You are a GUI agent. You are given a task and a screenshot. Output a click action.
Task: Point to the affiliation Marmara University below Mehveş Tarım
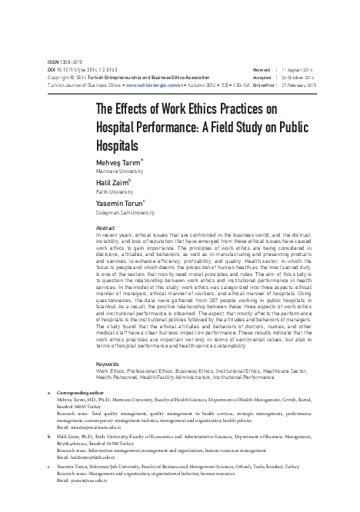[118, 172]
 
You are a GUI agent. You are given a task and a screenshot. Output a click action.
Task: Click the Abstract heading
[104, 228]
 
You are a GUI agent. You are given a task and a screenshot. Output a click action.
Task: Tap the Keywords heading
[106, 363]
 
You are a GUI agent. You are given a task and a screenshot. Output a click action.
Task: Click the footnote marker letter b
[48, 434]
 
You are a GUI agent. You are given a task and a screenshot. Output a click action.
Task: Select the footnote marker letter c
[48, 463]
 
